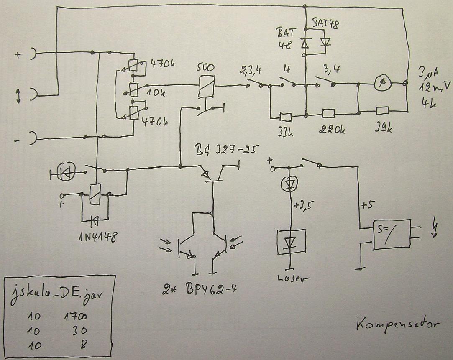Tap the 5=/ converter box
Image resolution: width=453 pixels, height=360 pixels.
392,235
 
